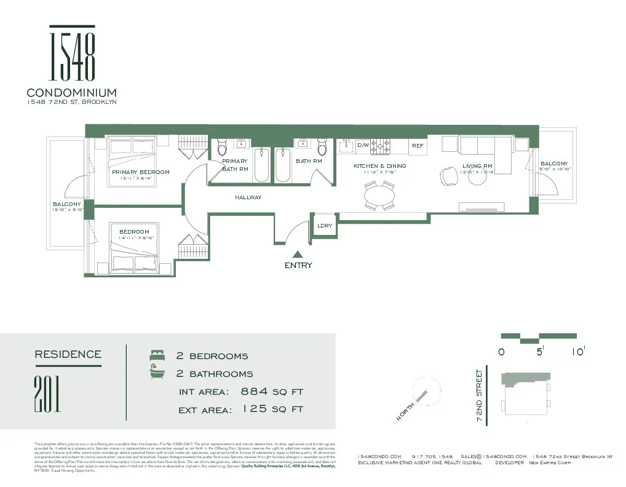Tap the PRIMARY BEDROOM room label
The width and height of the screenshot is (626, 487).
(x=140, y=172)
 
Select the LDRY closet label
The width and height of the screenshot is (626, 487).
(x=325, y=226)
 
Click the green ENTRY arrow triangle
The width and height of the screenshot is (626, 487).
(x=298, y=253)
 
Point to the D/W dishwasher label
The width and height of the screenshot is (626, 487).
(x=363, y=146)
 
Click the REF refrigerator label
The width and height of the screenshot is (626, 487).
(x=418, y=146)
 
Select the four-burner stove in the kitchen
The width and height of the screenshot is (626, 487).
(x=384, y=146)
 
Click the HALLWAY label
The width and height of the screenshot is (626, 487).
(x=248, y=197)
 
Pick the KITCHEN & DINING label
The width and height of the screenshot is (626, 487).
(x=379, y=166)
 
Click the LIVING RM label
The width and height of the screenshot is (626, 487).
(x=477, y=166)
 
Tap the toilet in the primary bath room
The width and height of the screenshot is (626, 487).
(x=222, y=147)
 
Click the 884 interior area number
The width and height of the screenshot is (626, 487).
(x=253, y=392)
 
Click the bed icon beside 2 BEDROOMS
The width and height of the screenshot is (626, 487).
(x=156, y=356)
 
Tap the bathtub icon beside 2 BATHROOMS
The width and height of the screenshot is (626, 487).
(x=156, y=373)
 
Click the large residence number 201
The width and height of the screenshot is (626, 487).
(x=47, y=394)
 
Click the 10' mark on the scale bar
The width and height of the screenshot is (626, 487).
(x=577, y=352)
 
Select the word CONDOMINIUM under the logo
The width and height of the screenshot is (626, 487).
(x=72, y=93)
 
